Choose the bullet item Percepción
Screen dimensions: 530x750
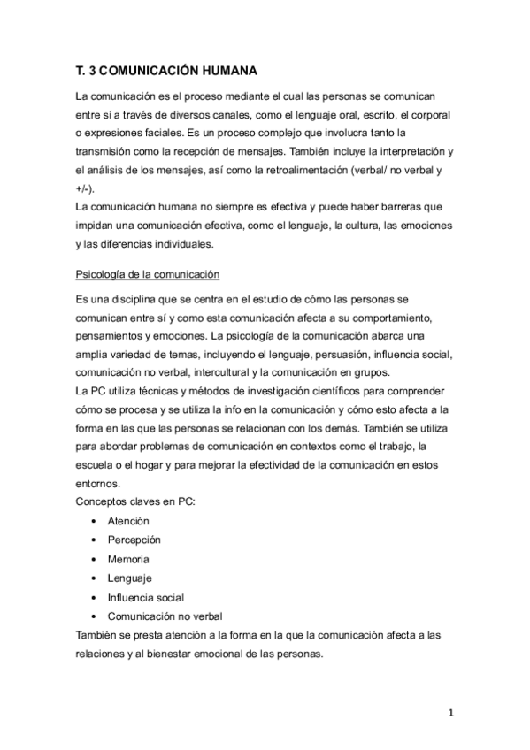pyautogui.click(x=134, y=540)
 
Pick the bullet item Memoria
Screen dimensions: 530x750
pyautogui.click(x=128, y=559)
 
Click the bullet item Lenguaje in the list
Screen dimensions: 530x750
pyautogui.click(x=130, y=578)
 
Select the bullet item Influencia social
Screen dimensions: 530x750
pyautogui.click(x=146, y=597)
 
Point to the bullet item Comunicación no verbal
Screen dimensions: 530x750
pyautogui.click(x=165, y=616)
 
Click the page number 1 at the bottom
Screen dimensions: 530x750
pyautogui.click(x=450, y=714)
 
